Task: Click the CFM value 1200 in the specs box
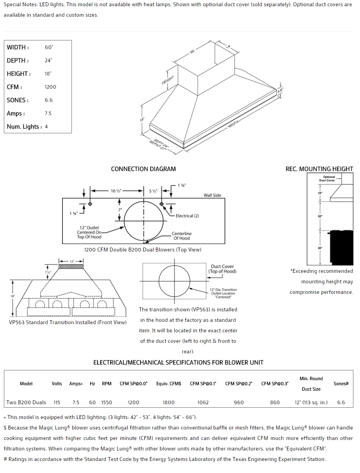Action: tap(50, 87)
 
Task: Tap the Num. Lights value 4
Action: tap(46, 127)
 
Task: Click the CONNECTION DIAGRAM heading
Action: tap(143, 169)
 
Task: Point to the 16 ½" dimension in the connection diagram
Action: tap(116, 191)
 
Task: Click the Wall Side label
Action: tap(212, 195)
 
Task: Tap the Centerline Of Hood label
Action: tap(182, 236)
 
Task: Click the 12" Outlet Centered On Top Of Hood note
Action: tap(89, 232)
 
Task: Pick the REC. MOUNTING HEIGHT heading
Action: tap(319, 169)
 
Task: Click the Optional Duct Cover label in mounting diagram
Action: tap(329, 178)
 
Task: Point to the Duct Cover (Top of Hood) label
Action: tap(222, 269)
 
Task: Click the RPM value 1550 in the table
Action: tap(107, 403)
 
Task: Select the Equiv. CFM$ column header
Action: tap(169, 384)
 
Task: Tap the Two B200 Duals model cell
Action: tap(26, 403)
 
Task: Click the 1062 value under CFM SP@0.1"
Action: tap(203, 403)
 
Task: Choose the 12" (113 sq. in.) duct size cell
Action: tap(311, 403)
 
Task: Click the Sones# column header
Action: tap(341, 384)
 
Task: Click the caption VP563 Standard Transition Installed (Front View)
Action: tap(68, 322)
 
